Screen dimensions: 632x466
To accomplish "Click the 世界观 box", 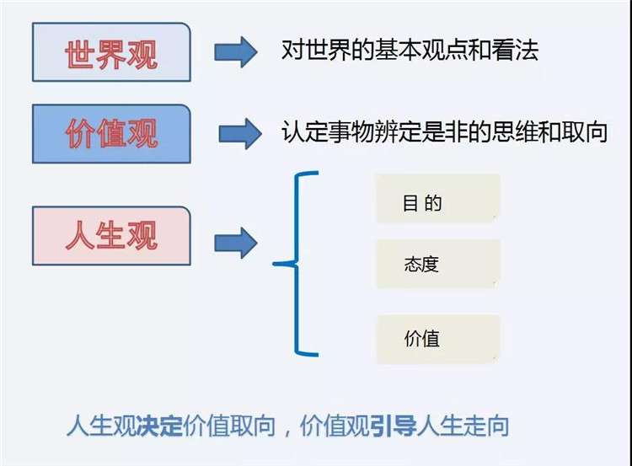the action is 111,52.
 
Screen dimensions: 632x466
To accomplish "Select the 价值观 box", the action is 111,134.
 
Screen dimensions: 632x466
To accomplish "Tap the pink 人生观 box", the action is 111,236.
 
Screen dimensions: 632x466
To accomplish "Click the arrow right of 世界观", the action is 236,52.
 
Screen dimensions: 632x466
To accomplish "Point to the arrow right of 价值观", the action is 240,134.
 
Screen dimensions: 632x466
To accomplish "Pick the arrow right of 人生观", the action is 236,243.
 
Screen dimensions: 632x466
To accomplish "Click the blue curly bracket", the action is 297,264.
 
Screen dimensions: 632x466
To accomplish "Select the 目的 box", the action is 438,198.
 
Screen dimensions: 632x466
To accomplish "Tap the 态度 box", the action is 438,264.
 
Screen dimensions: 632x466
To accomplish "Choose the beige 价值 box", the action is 438,340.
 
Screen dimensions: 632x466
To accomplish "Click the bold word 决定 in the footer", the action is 160,426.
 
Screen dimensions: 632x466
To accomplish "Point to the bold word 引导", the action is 393,426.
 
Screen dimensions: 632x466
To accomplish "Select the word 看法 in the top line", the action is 515,51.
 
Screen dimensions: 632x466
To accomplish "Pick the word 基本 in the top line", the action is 398,51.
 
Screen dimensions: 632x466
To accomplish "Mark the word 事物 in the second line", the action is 351,131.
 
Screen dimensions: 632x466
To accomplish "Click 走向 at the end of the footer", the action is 486,426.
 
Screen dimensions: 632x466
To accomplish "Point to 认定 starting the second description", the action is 305,131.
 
